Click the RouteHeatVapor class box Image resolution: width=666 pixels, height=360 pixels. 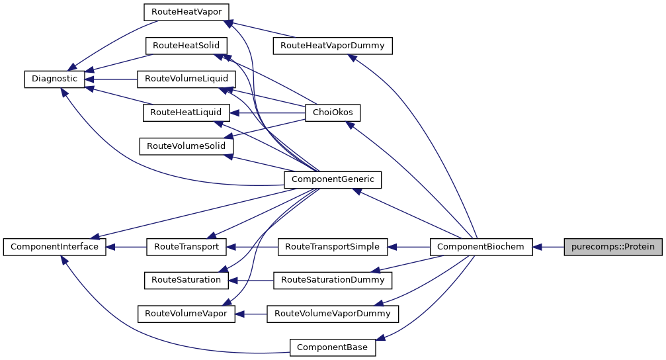[187, 12]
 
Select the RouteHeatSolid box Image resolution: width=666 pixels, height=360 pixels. [187, 46]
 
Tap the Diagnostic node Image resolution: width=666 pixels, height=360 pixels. [54, 79]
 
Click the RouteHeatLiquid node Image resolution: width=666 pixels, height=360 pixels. [187, 112]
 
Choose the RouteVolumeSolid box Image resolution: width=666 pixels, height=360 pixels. [186, 146]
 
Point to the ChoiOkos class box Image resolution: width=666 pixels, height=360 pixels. [333, 112]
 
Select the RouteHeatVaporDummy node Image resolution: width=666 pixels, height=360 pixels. [333, 46]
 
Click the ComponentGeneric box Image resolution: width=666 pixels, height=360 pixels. [333, 179]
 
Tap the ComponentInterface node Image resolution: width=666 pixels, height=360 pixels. [54, 247]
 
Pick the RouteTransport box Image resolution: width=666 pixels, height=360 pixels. [187, 247]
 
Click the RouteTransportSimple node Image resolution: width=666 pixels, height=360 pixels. [333, 247]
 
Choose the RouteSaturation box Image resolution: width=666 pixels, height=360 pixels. [186, 280]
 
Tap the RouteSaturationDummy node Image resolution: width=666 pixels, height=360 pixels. [333, 280]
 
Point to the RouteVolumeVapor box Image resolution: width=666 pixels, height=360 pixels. [186, 314]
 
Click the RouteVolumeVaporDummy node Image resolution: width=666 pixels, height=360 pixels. [333, 314]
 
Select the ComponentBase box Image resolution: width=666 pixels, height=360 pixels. [333, 347]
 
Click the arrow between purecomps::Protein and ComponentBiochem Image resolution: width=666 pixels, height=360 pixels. [548, 247]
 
